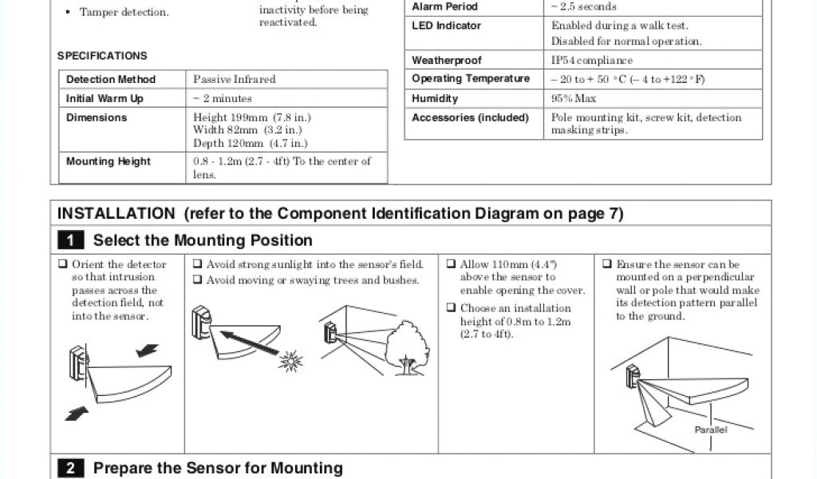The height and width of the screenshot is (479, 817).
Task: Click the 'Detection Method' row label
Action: [x=111, y=80]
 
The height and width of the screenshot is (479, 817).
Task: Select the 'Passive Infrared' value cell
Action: [x=235, y=80]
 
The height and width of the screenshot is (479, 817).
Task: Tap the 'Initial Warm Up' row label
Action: [x=105, y=99]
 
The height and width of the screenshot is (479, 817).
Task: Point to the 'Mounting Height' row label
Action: [x=109, y=161]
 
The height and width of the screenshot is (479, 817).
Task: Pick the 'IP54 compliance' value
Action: [x=592, y=61]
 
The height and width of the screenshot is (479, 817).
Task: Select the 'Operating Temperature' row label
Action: [x=471, y=79]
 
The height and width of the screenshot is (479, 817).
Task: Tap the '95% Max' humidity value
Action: [x=574, y=99]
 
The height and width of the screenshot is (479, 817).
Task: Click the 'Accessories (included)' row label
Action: [x=470, y=118]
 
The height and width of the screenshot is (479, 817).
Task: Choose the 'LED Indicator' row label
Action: [x=447, y=26]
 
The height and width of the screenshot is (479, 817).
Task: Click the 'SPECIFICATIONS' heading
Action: [x=102, y=56]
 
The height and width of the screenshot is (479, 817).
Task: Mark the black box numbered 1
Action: [x=70, y=240]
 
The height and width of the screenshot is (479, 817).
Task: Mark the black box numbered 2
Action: [x=70, y=469]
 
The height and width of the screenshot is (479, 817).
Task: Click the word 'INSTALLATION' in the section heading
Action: [x=116, y=214]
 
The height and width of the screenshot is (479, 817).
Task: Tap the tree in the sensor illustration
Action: [x=408, y=346]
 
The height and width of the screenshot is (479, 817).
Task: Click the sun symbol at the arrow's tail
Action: [x=291, y=361]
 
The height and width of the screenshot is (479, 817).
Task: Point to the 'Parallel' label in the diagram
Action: [x=710, y=430]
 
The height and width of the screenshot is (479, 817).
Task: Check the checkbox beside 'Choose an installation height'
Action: [x=451, y=308]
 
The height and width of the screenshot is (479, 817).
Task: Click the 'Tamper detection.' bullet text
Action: [x=124, y=13]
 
